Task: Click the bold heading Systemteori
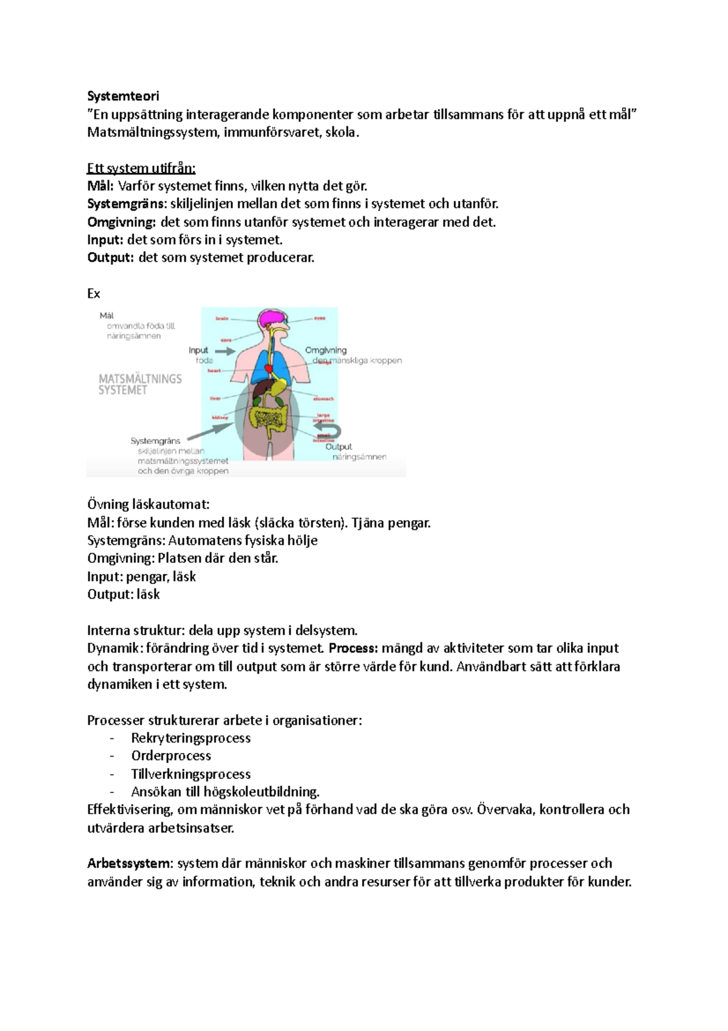[123, 96]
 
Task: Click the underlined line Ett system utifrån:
[141, 168]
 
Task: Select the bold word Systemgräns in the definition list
[126, 204]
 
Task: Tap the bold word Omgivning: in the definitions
[121, 222]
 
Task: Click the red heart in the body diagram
[269, 368]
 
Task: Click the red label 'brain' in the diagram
[222, 318]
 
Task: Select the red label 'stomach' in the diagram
[323, 399]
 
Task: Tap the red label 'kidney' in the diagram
[220, 418]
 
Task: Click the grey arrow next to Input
[224, 351]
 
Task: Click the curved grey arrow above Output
[329, 430]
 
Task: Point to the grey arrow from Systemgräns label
[209, 432]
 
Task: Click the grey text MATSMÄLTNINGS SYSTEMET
[140, 384]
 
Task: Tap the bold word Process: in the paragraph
[353, 648]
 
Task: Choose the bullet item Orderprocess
[171, 756]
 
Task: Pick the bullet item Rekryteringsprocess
[190, 738]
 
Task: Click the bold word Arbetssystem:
[130, 863]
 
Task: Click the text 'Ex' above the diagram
[93, 294]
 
